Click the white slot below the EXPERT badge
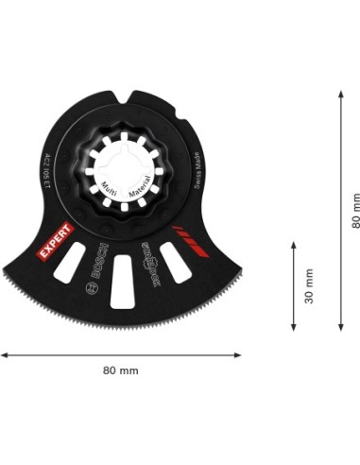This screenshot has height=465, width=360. point(69,266)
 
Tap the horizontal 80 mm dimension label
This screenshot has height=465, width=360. point(120,370)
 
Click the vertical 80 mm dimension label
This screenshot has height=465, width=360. point(354,210)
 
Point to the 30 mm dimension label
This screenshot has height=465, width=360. point(308,284)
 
